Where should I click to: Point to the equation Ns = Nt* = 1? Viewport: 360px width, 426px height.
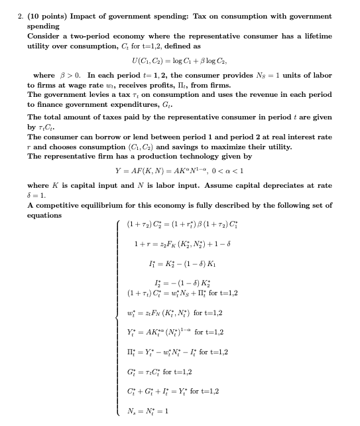click(148, 411)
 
